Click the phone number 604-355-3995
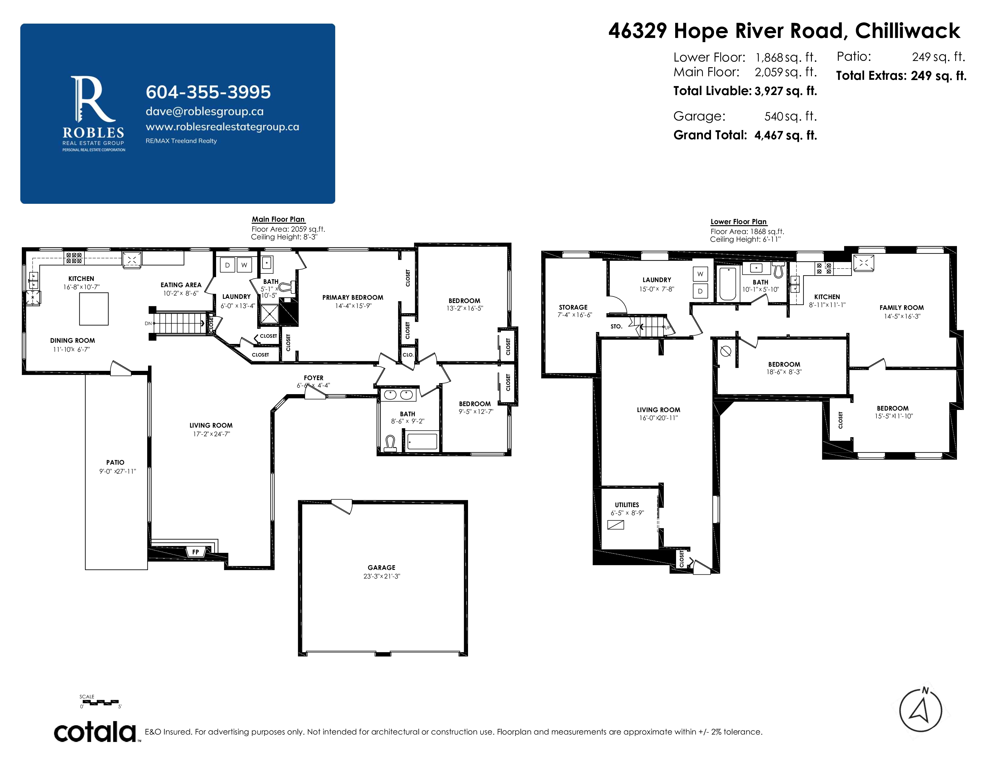click(x=208, y=92)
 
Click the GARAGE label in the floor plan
click(x=381, y=567)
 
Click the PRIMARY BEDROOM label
click(x=353, y=298)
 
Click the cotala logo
click(x=95, y=732)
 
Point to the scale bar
click(x=100, y=703)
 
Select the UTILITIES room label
click(x=627, y=505)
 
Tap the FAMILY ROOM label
click(x=901, y=308)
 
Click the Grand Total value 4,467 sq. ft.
click(x=786, y=135)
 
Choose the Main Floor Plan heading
click(x=278, y=219)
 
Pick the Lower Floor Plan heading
click(x=738, y=222)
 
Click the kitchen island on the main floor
click(x=94, y=309)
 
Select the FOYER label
click(x=313, y=378)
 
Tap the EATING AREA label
click(x=181, y=285)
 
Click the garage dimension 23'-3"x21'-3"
click(x=381, y=576)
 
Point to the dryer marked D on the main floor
click(x=227, y=265)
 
